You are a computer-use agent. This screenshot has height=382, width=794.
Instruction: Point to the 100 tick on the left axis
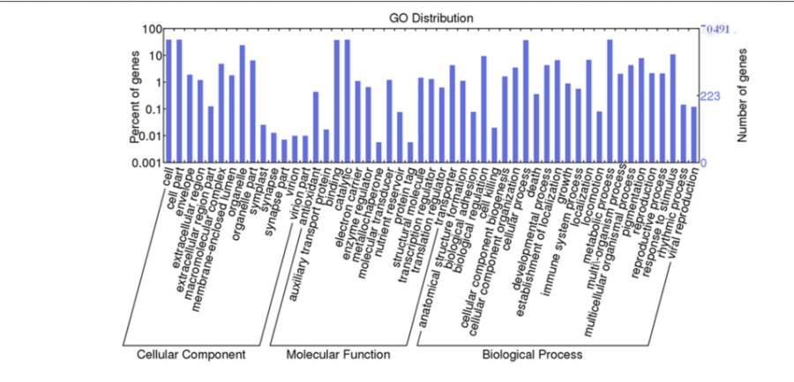tap(149, 29)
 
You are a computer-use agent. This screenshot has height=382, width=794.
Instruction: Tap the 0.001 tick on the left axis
tap(143, 163)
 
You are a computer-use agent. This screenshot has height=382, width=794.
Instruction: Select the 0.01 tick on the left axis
tap(146, 136)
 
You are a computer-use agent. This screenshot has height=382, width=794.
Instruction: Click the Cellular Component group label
tap(191, 355)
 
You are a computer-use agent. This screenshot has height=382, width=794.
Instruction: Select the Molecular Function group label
tap(338, 355)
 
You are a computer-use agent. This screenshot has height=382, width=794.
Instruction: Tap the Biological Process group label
tap(532, 355)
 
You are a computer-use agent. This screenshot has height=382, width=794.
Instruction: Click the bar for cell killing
tap(494, 145)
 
